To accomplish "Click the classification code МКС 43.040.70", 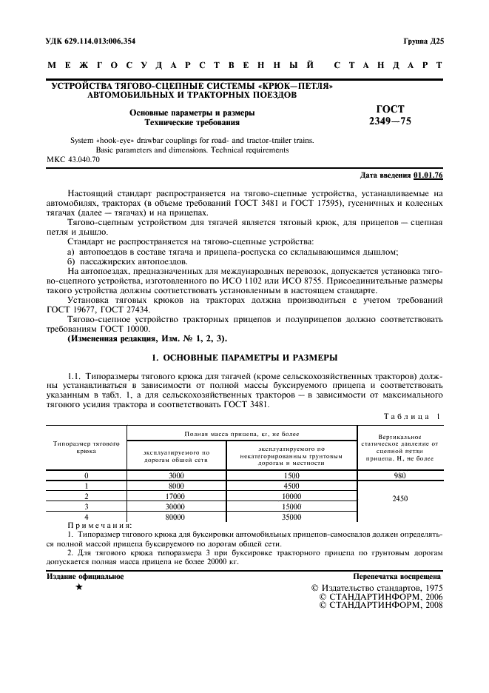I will [72, 159].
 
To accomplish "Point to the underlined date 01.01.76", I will [428, 175].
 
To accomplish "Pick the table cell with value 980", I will [399, 475].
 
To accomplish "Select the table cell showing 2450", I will [399, 498].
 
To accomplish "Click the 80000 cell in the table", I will [176, 517].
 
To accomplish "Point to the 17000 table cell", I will [176, 496].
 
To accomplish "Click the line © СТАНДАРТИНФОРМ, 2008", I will [380, 605].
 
